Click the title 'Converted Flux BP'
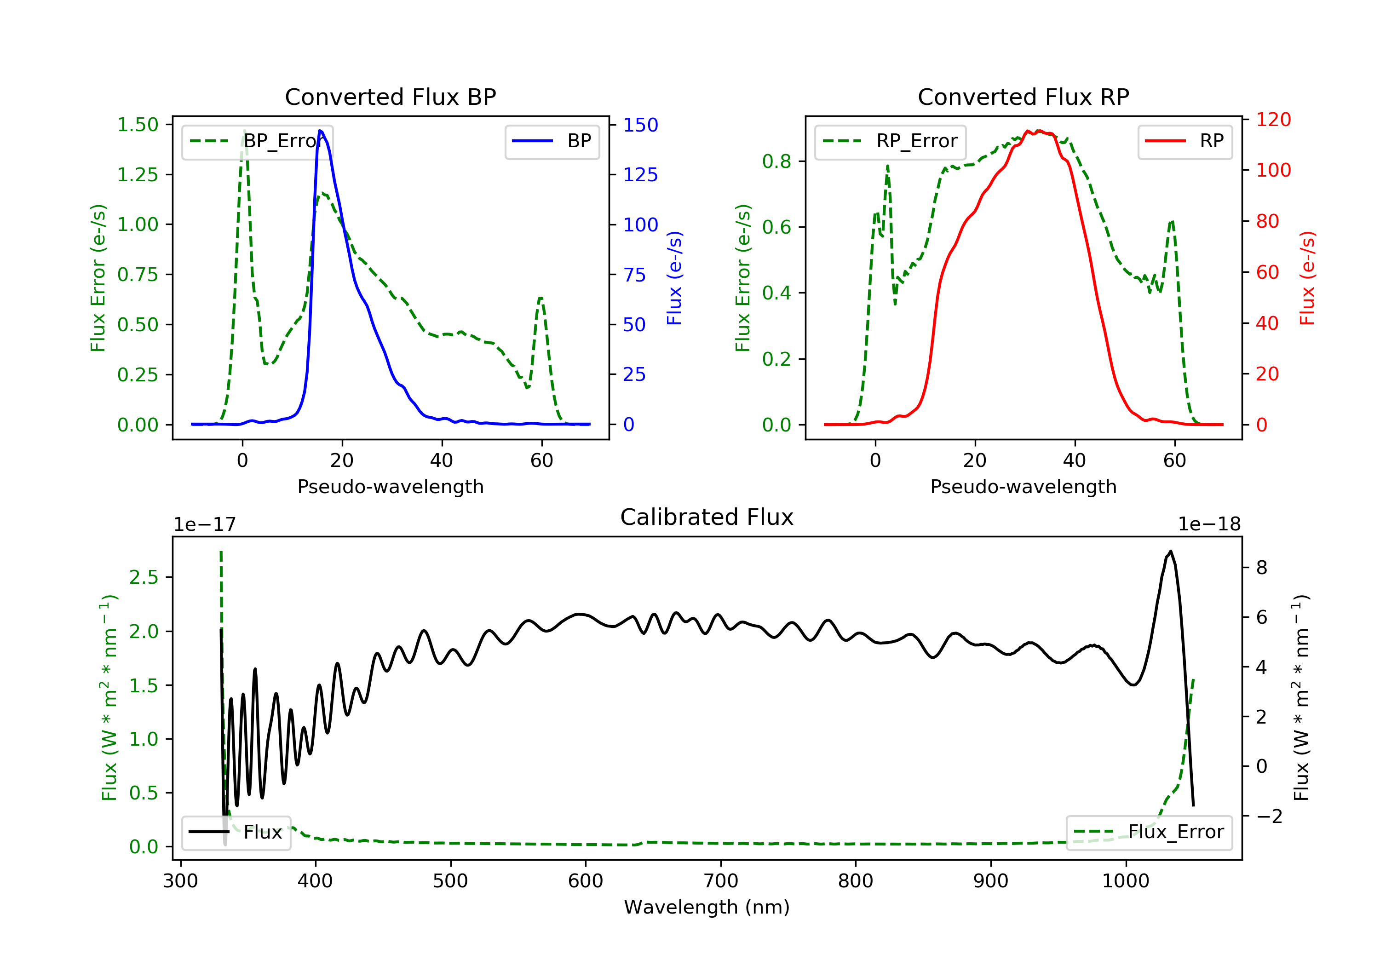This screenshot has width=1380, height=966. coord(391,97)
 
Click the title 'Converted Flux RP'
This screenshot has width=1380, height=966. coord(1023,97)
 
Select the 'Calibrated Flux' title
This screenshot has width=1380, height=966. coord(707,517)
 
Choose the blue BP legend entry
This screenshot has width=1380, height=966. coord(552,141)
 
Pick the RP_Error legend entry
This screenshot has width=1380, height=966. coord(890,141)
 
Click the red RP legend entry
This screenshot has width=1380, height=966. coord(1184,141)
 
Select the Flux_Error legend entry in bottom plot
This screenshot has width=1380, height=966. coord(1149,832)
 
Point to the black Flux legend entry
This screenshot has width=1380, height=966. coord(236,832)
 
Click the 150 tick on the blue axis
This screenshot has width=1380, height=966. coord(641,125)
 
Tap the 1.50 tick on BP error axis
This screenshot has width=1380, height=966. coord(138,125)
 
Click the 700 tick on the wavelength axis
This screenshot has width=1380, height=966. coord(721,881)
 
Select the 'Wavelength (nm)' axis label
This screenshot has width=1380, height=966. coord(707,907)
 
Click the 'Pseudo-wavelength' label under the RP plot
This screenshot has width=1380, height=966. coord(1023,486)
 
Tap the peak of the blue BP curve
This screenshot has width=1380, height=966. coord(320,131)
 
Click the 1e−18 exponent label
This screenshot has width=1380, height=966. coord(1209,524)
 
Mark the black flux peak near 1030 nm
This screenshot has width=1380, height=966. coord(1170,551)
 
